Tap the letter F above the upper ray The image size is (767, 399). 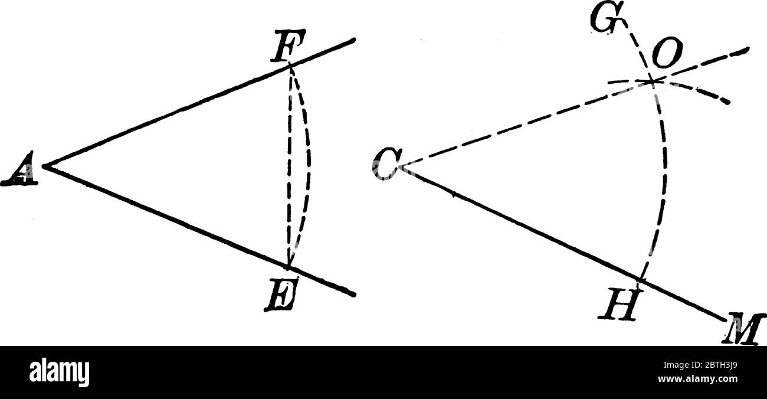(285, 51)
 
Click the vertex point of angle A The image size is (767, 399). (46, 167)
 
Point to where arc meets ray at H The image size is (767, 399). (641, 278)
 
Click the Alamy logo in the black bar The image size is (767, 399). (59, 372)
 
